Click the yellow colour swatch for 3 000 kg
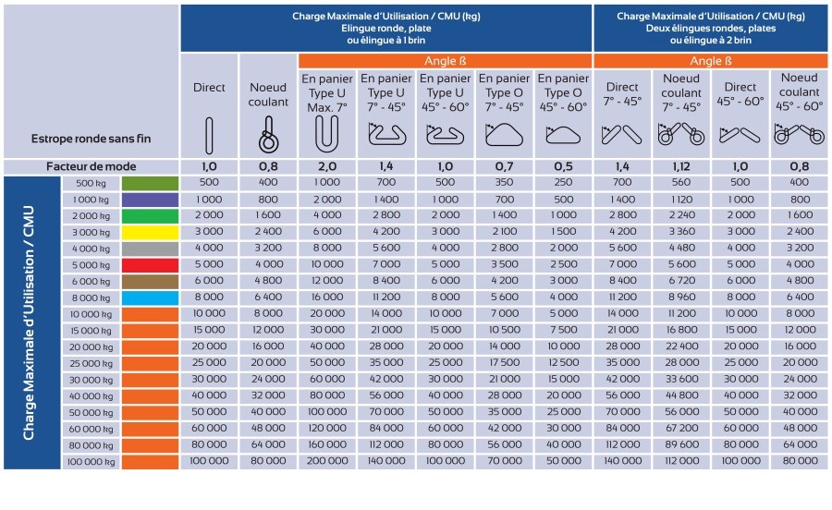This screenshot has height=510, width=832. (x=150, y=233)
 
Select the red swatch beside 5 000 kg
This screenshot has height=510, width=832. (x=150, y=265)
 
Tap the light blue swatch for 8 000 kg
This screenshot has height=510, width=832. (x=150, y=298)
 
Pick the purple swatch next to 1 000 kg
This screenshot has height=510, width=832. (x=150, y=200)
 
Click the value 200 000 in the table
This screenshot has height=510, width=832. (x=327, y=461)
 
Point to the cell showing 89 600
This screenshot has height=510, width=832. (x=682, y=444)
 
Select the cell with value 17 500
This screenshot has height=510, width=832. (x=504, y=362)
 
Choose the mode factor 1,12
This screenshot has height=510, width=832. (x=681, y=166)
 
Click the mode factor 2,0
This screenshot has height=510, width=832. (x=327, y=166)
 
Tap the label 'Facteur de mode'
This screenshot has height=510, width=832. (x=92, y=166)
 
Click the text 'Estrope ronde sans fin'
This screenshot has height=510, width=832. (x=92, y=139)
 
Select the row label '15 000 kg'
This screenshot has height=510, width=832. (x=92, y=331)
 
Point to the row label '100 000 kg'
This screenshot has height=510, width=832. (x=92, y=462)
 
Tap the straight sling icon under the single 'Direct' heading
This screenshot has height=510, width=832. (x=209, y=136)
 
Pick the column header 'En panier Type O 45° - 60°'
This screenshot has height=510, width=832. (x=563, y=92)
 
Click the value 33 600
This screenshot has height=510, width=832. (x=682, y=379)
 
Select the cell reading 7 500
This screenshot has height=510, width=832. (x=564, y=330)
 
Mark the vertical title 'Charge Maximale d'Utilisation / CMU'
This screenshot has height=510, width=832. (x=29, y=322)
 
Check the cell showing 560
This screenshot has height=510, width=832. (x=682, y=182)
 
